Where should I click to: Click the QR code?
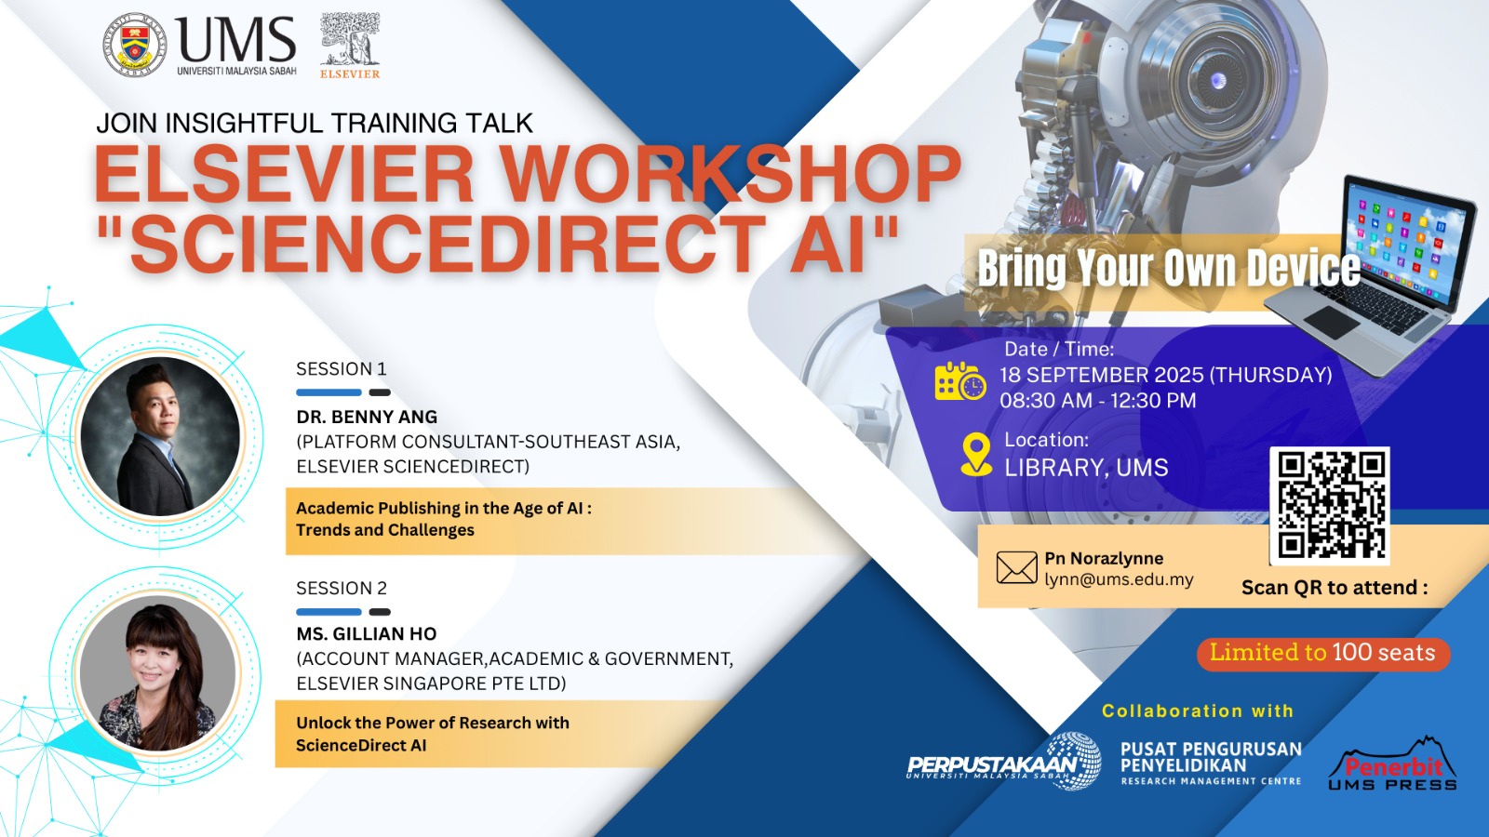1330,506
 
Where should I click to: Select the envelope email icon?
1016,568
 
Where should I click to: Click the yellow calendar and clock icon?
960,381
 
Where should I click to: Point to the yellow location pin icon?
976,455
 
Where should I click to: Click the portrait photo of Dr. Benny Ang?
160,436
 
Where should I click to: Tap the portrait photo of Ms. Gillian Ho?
157,673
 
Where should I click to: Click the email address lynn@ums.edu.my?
1119,580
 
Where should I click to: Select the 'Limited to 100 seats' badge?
1322,653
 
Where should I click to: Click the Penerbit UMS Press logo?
1392,764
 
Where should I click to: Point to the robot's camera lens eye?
1218,81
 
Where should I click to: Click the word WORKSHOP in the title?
731,173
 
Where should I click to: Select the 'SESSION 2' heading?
342,589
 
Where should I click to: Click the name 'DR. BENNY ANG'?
367,418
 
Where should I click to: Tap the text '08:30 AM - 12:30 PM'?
1098,401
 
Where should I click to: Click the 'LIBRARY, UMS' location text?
1086,468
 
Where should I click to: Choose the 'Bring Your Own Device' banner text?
1168,269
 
